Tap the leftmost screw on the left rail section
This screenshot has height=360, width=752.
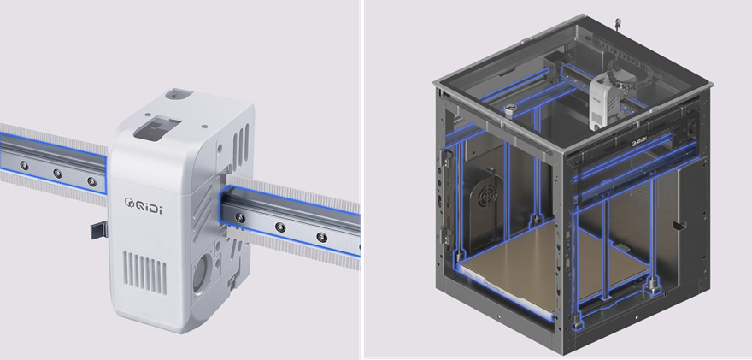point(24,166)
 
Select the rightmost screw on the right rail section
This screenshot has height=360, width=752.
point(322,237)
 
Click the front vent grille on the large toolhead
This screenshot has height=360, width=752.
point(145,272)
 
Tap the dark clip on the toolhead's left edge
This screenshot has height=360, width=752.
point(99,230)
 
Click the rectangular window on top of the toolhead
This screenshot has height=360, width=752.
point(157,128)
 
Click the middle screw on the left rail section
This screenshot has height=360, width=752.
point(57,174)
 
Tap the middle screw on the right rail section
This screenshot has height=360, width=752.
point(280,227)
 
